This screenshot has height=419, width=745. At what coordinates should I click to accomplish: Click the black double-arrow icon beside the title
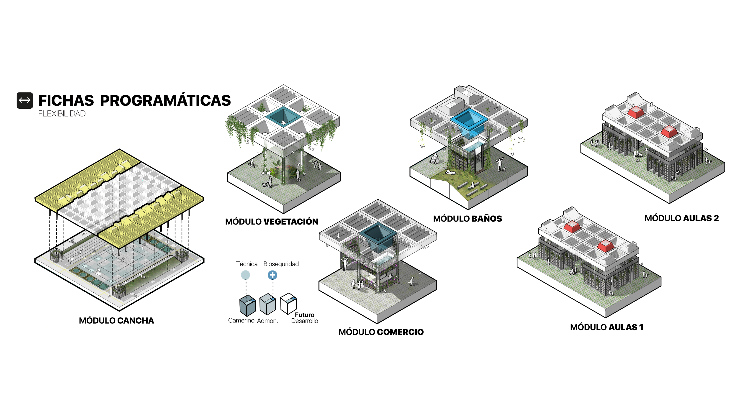pos(25,100)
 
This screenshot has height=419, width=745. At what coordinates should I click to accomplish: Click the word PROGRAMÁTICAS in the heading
pos(165,101)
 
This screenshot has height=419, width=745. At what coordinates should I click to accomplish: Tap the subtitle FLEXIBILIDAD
pos(62,114)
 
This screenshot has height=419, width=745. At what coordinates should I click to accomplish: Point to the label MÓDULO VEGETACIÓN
pos(272,222)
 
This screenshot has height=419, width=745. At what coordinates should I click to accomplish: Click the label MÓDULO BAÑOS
pos(467,219)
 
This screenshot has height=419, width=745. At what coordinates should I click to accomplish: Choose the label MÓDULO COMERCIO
pos(381,332)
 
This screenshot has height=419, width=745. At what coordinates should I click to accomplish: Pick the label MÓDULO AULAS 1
pos(606,327)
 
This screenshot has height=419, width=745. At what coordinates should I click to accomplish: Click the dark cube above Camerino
pos(248,306)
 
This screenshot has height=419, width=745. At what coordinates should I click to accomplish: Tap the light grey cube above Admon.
pos(267,304)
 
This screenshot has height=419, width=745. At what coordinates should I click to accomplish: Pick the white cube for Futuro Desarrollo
pos(288,303)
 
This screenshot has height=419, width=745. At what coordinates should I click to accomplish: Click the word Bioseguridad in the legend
pos(281,264)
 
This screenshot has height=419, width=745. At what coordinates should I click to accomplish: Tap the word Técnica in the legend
pos(247,264)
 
